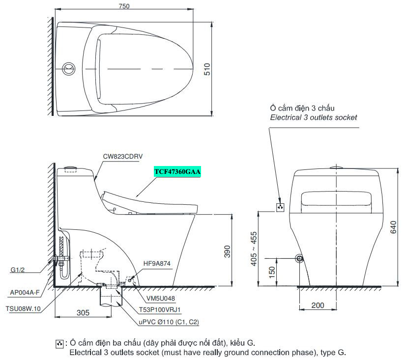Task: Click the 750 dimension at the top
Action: [124, 6]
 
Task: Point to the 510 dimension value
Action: [207, 69]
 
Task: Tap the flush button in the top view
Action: [69, 69]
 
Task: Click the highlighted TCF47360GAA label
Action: [177, 172]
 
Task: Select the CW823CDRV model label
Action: [123, 156]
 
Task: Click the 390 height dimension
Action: [227, 251]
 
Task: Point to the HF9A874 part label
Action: [157, 264]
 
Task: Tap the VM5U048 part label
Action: [161, 299]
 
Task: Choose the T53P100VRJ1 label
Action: [160, 310]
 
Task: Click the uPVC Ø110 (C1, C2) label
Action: [169, 322]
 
